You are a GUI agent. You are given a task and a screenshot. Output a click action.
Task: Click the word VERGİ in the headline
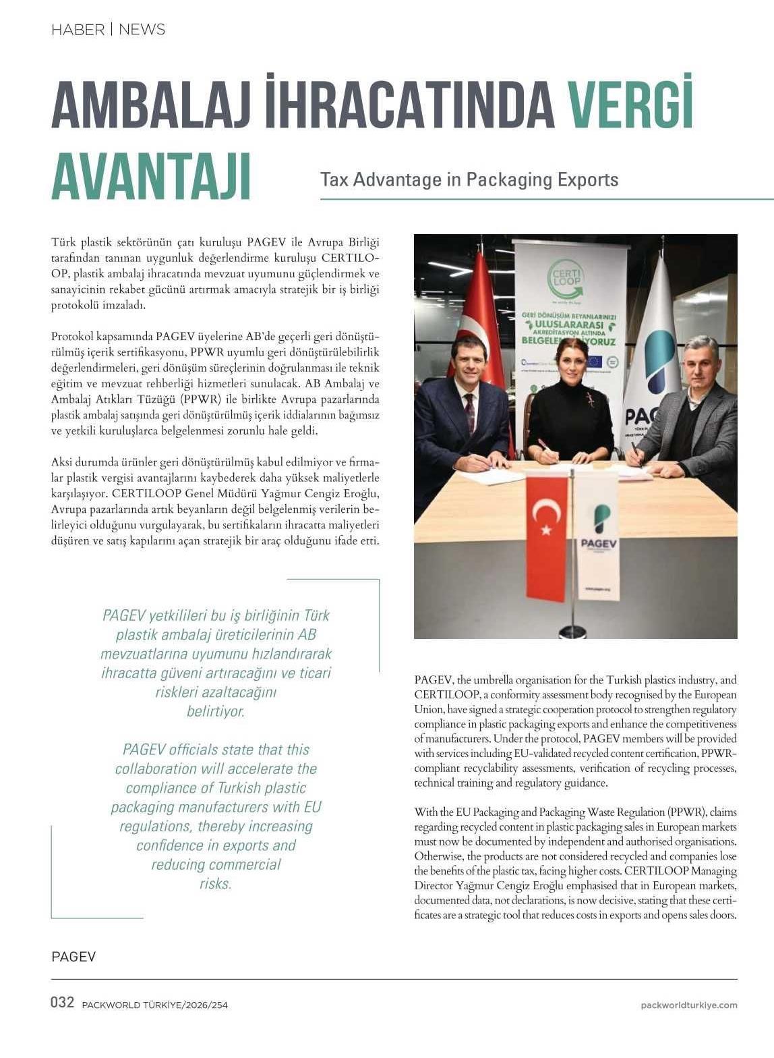tap(630, 105)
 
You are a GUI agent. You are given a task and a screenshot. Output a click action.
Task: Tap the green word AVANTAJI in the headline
tap(151, 177)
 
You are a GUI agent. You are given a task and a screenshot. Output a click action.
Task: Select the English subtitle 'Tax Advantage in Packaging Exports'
tap(469, 179)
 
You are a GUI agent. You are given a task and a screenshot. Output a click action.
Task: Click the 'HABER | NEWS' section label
tap(108, 30)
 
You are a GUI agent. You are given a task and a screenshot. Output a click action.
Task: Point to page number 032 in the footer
tap(62, 1003)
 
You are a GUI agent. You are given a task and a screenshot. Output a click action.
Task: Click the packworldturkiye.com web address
tap(688, 1005)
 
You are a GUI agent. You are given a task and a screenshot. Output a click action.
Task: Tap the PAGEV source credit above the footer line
tap(73, 957)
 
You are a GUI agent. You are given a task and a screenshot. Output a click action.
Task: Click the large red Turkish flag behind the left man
tap(480, 310)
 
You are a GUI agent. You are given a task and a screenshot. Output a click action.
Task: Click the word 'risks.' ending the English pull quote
tap(216, 884)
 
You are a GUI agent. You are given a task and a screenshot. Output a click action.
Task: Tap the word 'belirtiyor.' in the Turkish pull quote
tap(216, 712)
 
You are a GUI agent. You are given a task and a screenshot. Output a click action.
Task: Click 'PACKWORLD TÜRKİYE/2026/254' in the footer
tap(154, 1005)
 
